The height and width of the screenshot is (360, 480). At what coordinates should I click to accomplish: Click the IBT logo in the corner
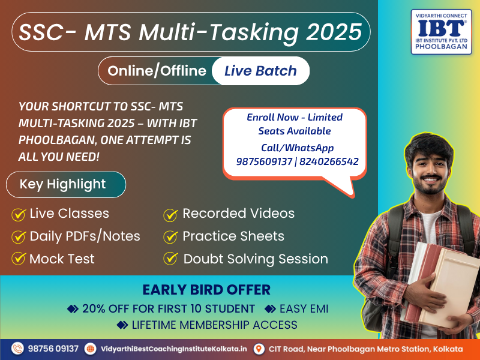[441, 32]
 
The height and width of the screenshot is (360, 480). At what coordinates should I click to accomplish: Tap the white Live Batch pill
[260, 71]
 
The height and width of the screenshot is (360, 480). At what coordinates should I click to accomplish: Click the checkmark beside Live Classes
[19, 214]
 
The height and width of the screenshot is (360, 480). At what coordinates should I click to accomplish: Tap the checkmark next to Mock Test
[19, 259]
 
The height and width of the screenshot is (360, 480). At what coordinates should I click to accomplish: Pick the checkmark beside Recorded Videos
[170, 215]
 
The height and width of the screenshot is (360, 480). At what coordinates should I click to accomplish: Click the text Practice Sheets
[233, 236]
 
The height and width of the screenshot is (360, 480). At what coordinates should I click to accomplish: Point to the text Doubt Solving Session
[256, 259]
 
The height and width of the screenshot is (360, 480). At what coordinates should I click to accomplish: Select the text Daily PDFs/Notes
[85, 236]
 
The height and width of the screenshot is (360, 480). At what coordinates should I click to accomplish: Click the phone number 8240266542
[329, 161]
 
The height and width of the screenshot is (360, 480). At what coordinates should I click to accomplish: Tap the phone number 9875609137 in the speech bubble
[264, 161]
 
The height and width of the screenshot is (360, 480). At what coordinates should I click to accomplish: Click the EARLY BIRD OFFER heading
[206, 290]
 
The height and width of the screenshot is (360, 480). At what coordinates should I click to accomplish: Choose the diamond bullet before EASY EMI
[270, 309]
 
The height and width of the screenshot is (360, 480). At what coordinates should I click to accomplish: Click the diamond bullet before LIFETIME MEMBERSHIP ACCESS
[122, 325]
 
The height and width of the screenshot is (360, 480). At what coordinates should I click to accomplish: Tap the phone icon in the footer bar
[17, 349]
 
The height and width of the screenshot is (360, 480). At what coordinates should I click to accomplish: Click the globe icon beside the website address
[91, 349]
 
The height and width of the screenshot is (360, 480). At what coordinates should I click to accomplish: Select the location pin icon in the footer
[259, 349]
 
